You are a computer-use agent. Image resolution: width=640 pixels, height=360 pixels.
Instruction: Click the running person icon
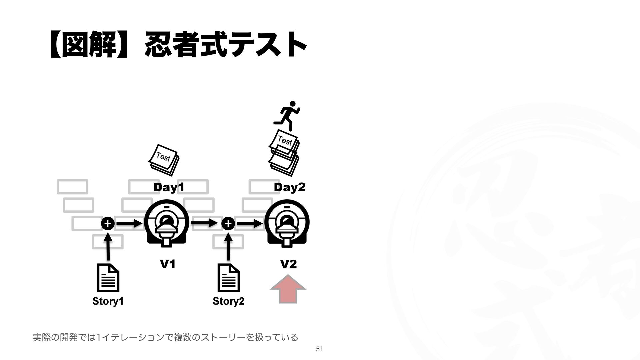287,115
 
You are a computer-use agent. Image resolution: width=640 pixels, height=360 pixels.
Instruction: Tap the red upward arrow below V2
288,289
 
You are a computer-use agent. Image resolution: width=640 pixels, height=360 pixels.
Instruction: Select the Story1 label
108,301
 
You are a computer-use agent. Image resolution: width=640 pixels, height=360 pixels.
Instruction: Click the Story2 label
228,301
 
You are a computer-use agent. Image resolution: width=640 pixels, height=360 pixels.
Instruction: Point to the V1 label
168,264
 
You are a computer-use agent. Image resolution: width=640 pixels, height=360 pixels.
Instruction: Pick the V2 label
288,264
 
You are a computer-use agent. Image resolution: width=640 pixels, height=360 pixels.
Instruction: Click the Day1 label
169,188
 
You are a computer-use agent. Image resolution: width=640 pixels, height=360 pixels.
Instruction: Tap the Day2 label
289,188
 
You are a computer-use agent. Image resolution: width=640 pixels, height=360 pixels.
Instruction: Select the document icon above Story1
108,278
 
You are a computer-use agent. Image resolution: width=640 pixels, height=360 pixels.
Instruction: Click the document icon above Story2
228,278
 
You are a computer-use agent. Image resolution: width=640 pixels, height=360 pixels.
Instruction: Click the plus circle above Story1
107,224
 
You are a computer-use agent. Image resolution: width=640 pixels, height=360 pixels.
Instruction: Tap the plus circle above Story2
228,224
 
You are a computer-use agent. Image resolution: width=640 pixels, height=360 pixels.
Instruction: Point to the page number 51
319,349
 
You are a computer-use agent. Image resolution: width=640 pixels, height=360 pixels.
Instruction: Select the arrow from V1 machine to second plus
204,223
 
